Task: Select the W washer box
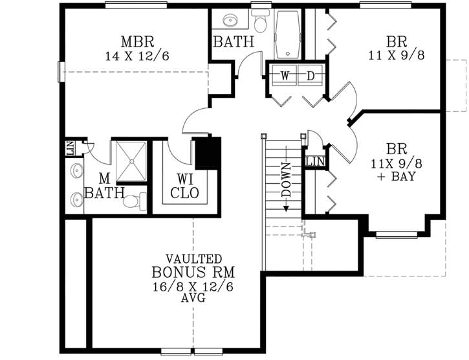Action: (285, 76)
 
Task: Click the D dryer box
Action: (311, 76)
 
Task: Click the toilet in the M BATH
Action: (133, 202)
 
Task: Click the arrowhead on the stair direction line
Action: (286, 209)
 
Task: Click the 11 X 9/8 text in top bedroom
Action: (397, 56)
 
